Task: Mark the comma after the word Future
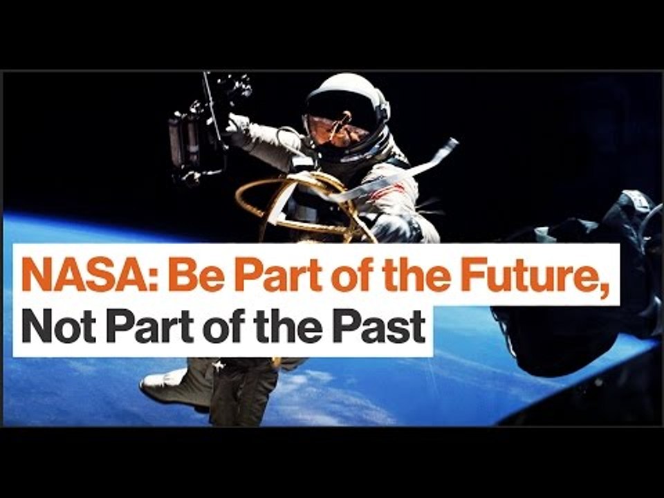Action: pyautogui.click(x=607, y=288)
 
